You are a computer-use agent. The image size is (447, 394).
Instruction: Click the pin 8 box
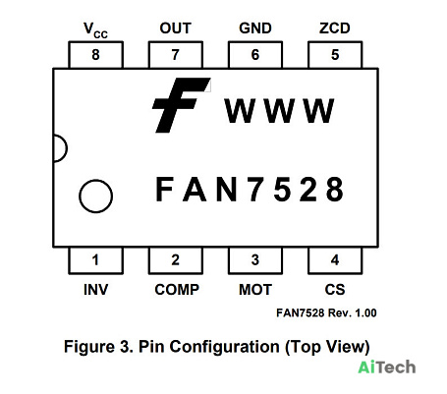click(95, 55)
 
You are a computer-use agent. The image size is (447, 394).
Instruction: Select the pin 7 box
click(176, 55)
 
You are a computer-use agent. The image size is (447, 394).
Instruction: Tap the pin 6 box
click(255, 55)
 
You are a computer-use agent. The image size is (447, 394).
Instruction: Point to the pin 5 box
click(335, 55)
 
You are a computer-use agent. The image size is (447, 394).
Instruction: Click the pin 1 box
click(95, 260)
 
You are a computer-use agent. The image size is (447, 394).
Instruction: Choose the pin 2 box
click(176, 260)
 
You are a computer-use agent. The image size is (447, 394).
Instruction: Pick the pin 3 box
click(255, 260)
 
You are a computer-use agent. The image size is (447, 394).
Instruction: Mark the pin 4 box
click(335, 260)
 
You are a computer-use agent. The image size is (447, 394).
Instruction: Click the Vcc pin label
click(95, 30)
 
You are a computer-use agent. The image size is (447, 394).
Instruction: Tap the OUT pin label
click(176, 28)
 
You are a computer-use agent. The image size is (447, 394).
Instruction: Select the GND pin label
click(255, 28)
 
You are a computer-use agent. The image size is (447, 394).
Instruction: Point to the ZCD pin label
click(335, 28)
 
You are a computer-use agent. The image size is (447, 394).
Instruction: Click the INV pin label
click(95, 290)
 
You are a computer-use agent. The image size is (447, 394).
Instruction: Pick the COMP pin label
click(177, 290)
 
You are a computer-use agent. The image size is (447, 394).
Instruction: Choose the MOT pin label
click(255, 290)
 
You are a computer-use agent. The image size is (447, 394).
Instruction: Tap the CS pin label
click(335, 290)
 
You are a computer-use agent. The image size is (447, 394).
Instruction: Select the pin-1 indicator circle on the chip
click(95, 197)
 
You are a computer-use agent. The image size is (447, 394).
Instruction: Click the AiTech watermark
click(387, 367)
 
